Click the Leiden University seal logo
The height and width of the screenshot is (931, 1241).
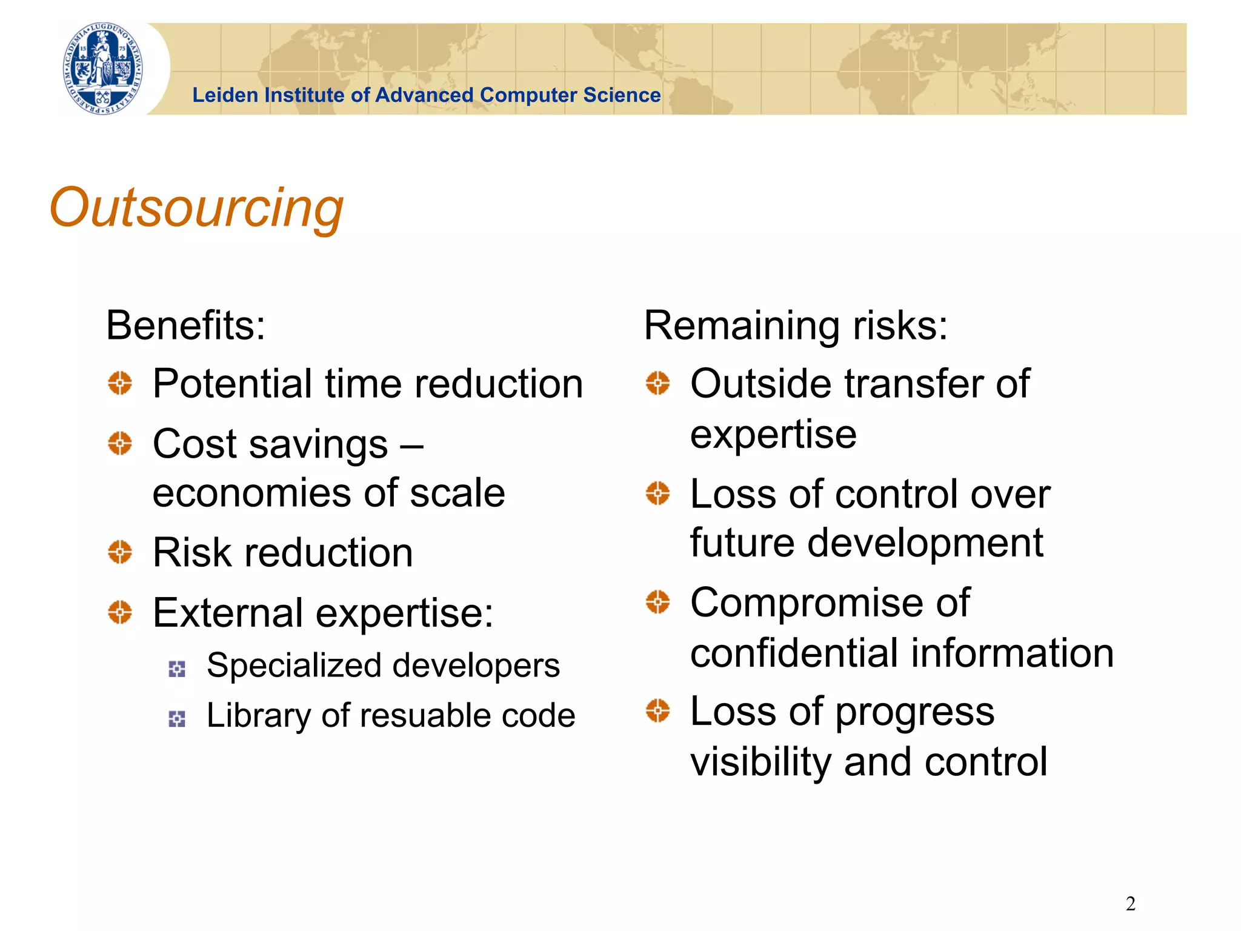point(104,68)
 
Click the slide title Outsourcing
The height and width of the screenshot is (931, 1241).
point(196,208)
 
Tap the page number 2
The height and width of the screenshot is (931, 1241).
point(1130,904)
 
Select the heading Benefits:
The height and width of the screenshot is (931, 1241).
point(185,325)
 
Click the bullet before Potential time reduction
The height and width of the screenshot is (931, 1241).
point(120,383)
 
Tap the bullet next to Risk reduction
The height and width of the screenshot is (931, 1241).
point(120,552)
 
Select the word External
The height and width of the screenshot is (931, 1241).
point(228,613)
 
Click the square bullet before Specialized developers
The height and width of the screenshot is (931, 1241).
point(176,669)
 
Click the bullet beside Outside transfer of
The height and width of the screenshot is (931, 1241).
point(657,383)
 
